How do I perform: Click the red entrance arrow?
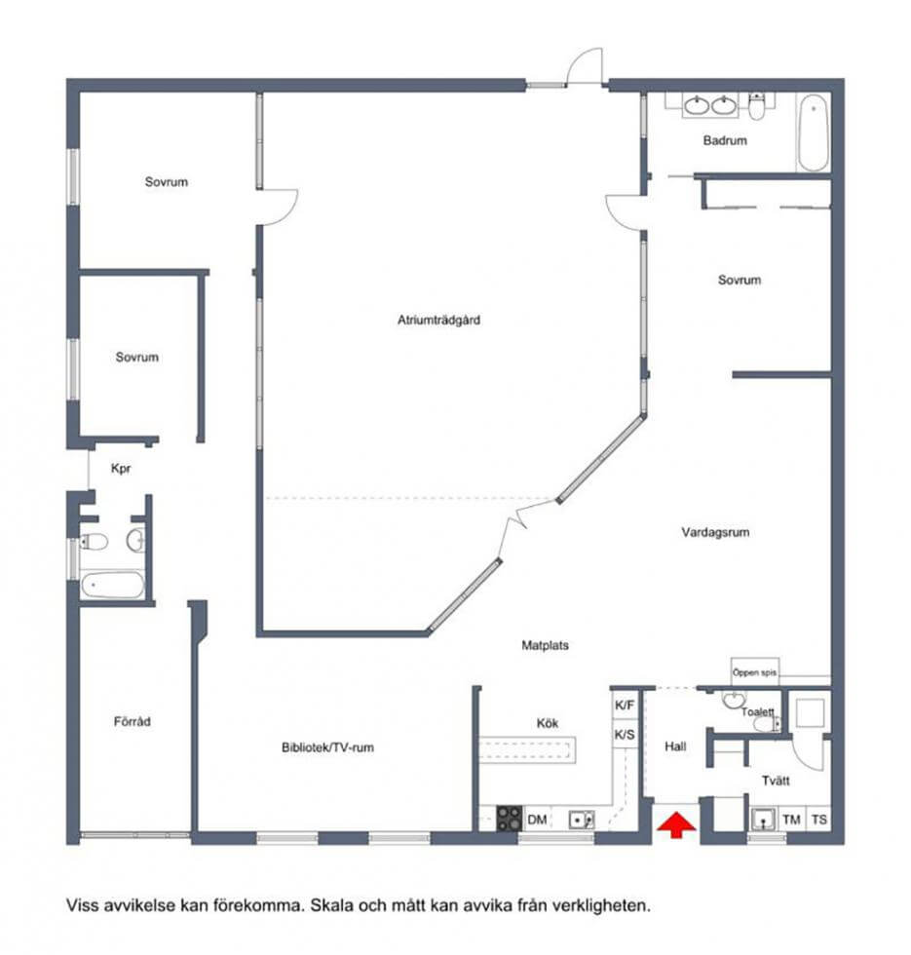[675, 825]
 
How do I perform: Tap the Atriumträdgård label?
[438, 320]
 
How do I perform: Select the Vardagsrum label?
[715, 532]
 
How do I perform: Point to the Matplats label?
[545, 645]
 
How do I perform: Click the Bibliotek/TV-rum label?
[327, 747]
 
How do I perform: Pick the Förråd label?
[133, 722]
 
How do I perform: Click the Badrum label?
[725, 140]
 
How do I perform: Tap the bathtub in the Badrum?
[813, 133]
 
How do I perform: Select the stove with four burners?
[509, 819]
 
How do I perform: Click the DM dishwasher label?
[537, 820]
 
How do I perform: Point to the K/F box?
[625, 706]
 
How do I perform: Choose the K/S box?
[625, 735]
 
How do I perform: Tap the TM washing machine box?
[791, 820]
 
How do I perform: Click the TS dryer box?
[819, 820]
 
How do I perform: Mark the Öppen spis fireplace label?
[754, 672]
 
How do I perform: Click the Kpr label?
[121, 469]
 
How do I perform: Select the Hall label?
[675, 746]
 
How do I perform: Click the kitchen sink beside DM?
[581, 820]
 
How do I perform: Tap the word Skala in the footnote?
[332, 905]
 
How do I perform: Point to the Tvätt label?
[776, 781]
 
